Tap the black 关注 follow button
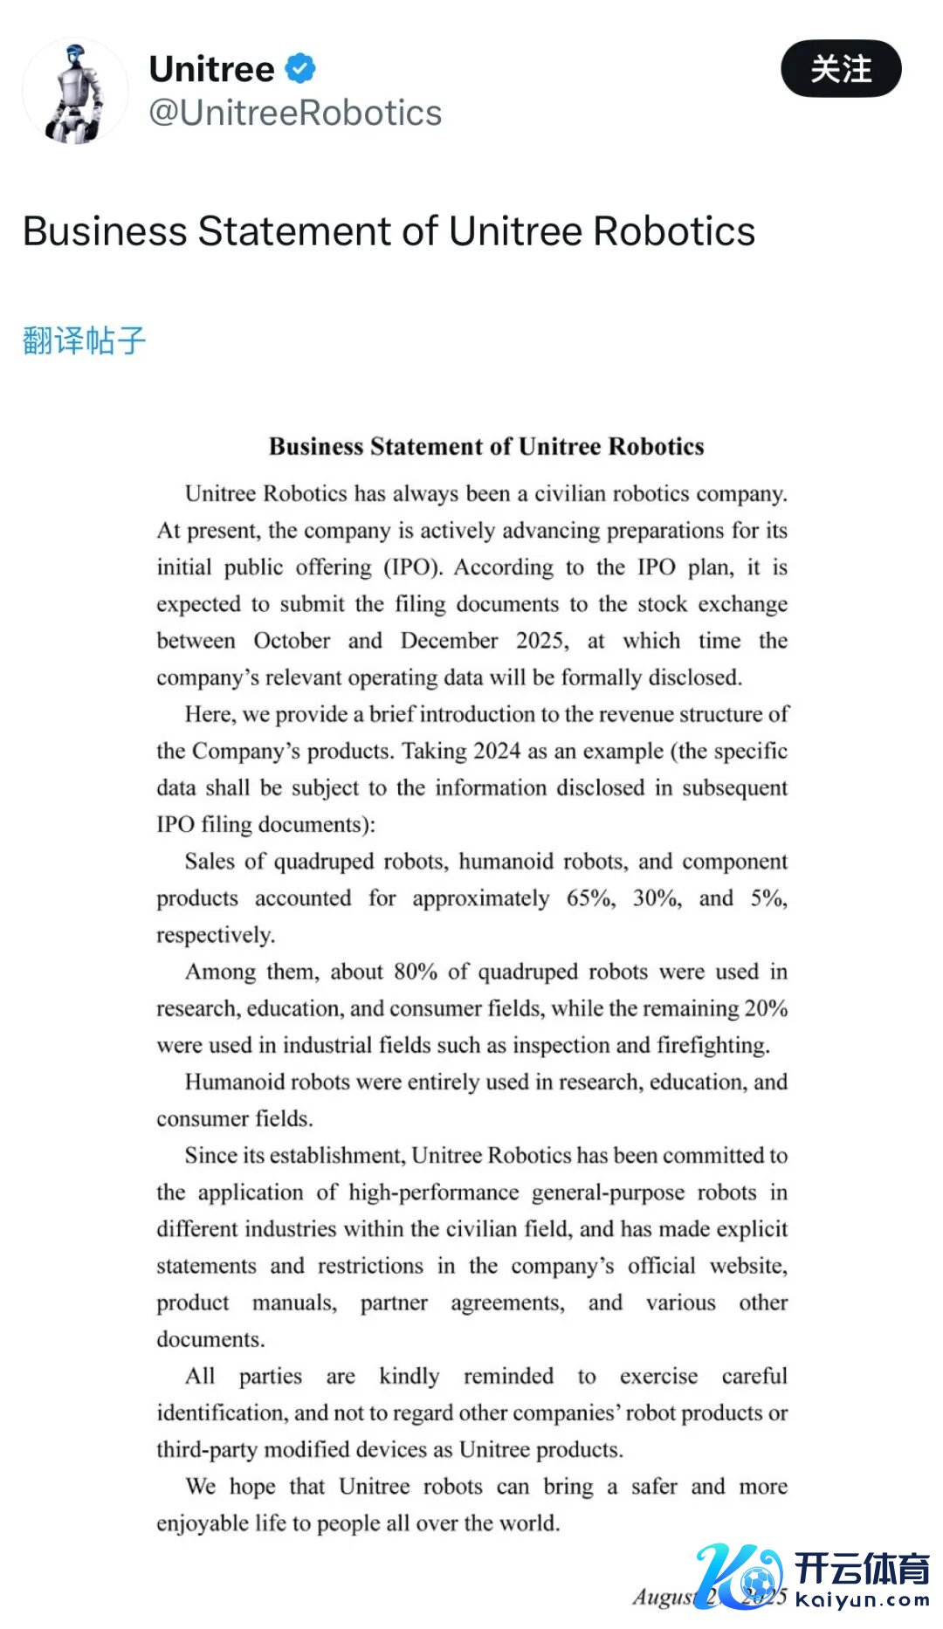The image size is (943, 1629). (840, 69)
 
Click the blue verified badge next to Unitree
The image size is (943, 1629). (300, 68)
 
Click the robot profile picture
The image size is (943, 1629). (75, 91)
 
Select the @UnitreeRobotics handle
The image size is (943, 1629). (295, 113)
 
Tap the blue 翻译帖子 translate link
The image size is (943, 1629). (84, 340)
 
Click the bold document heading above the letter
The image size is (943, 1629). (486, 446)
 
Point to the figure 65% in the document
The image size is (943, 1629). (590, 898)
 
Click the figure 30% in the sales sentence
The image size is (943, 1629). (657, 898)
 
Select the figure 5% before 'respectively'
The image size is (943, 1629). (767, 898)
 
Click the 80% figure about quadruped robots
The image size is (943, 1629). (416, 972)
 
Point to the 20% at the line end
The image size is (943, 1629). (766, 1008)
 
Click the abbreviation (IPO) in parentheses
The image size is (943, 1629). (413, 567)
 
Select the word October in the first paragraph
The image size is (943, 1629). (292, 641)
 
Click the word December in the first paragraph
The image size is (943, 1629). (449, 641)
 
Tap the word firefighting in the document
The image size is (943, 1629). (712, 1045)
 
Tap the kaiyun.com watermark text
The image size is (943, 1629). (863, 1600)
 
